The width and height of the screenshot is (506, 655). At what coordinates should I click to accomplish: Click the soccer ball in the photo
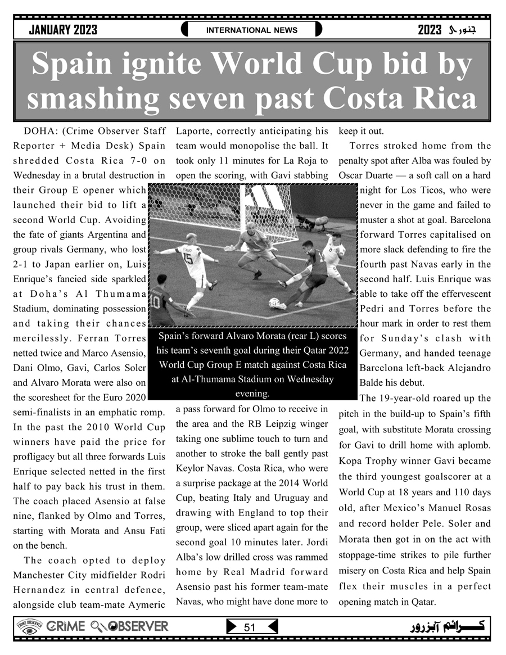(x=274, y=302)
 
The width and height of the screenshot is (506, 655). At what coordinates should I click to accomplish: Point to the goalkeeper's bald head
(x=250, y=226)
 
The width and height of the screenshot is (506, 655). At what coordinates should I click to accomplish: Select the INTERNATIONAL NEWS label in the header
(x=252, y=30)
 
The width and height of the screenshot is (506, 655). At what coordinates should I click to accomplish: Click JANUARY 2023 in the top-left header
(x=63, y=30)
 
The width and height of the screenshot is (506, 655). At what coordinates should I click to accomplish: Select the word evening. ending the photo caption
(x=252, y=394)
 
